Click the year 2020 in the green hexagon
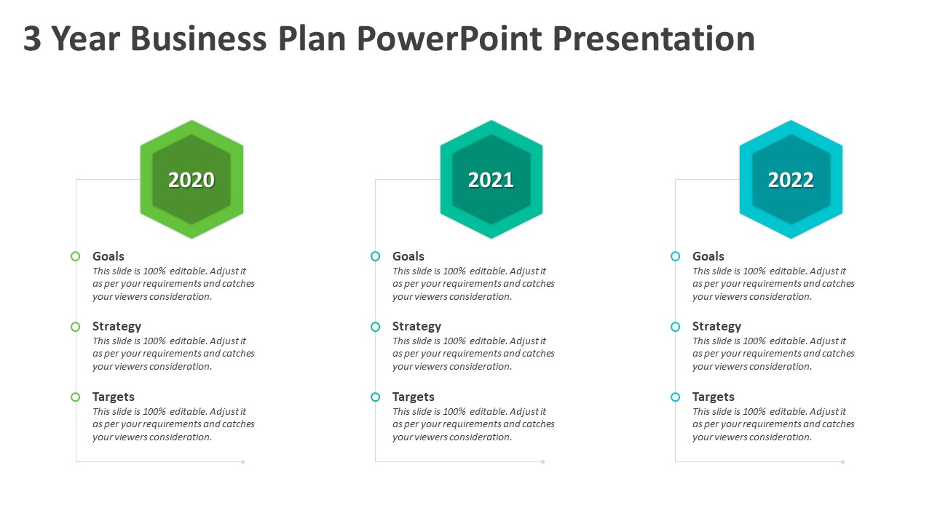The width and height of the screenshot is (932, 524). point(191,180)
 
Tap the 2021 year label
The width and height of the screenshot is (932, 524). point(491,180)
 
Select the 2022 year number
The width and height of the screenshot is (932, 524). point(791,180)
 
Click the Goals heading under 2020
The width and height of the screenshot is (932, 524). point(108,256)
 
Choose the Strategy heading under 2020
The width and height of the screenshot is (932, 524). point(117,327)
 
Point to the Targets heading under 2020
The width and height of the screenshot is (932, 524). point(113,397)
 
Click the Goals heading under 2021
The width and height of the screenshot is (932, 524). point(408,256)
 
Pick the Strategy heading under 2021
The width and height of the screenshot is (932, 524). point(417,327)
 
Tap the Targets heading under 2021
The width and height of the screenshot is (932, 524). point(413,397)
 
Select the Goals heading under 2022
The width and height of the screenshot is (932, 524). point(708,256)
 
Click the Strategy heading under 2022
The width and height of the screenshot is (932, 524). point(717,327)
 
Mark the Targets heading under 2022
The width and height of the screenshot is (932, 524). point(713,397)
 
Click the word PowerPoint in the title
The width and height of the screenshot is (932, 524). point(450,39)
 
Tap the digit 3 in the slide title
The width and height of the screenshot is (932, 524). point(32,39)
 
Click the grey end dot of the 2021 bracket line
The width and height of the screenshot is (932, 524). point(542,461)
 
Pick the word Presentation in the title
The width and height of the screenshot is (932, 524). point(654,39)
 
